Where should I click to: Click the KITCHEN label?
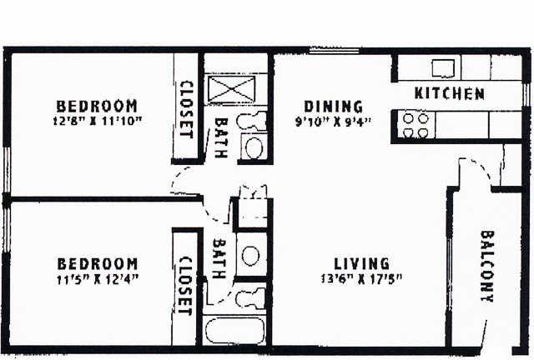449,93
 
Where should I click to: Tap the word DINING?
333,107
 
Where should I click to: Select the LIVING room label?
361,264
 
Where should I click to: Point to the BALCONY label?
487,267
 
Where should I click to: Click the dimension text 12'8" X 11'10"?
98,121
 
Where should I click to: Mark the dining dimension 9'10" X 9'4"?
333,122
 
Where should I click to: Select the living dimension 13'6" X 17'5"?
361,279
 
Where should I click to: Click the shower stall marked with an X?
232,89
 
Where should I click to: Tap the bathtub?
235,330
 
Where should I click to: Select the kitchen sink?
443,68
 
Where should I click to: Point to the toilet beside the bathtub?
250,297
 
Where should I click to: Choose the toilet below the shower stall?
252,121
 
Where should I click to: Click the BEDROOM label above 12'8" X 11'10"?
97,106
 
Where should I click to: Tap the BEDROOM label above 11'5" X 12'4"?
98,264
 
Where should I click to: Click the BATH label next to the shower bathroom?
221,137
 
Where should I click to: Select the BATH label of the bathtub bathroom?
219,258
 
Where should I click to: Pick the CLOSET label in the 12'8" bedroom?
186,109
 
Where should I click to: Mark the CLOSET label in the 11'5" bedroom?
185,286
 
